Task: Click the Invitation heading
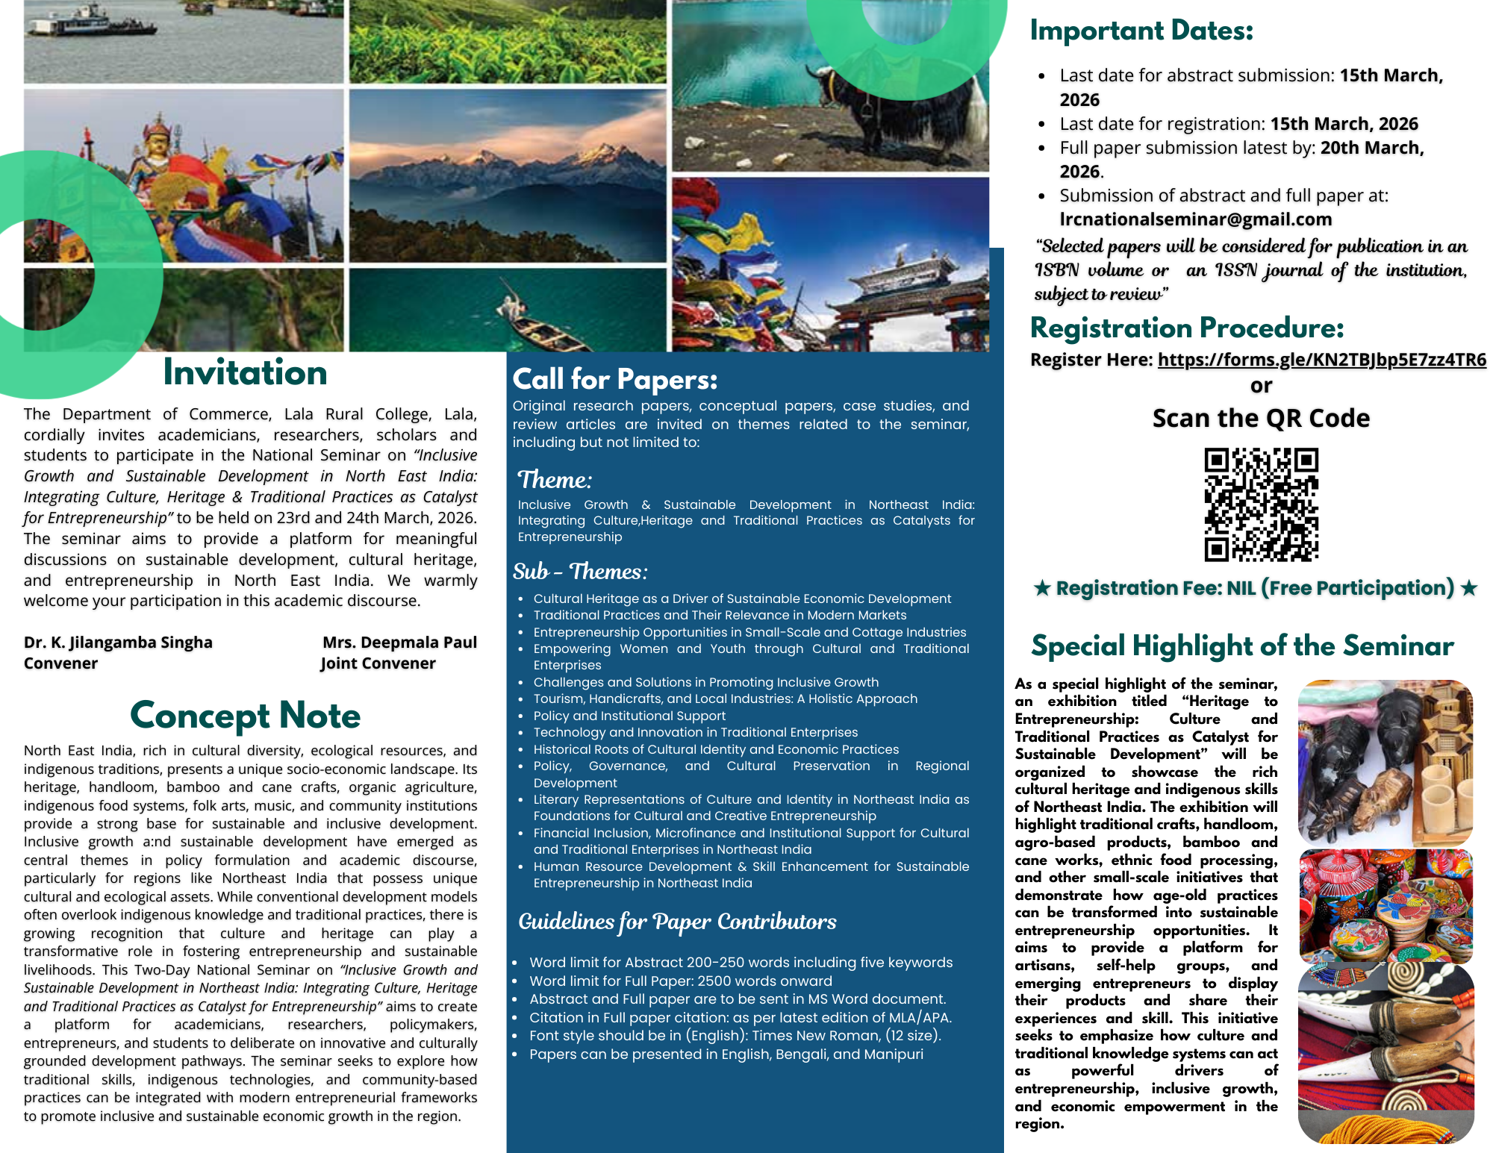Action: pos(245,372)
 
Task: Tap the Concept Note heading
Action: pos(245,715)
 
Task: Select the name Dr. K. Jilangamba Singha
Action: pos(118,643)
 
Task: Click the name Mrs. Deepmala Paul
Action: pos(399,643)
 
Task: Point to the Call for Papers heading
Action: pos(614,379)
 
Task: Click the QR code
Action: pos(1261,504)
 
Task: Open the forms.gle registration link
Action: pos(1321,360)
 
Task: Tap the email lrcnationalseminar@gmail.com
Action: pos(1195,219)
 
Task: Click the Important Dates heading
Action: pos(1141,31)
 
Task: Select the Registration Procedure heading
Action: pos(1187,328)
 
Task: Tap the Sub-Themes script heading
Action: pos(580,572)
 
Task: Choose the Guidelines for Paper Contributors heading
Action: pos(677,922)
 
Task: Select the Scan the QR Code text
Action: pos(1261,419)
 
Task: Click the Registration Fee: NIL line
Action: pos(1255,588)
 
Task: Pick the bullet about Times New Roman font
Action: pos(735,1036)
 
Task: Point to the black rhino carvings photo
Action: pos(1385,761)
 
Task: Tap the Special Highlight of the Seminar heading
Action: pos(1242,646)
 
